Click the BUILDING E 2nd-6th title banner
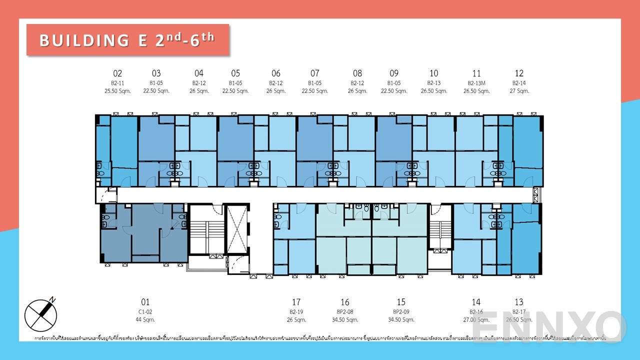[127, 40]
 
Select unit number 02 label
[117, 73]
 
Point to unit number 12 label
[519, 73]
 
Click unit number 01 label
[145, 302]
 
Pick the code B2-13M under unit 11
[476, 83]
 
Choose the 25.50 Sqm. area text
[117, 91]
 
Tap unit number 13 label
[519, 302]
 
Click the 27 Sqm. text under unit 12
[519, 91]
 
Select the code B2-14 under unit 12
[519, 83]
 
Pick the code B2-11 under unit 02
[117, 83]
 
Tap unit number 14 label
[476, 302]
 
